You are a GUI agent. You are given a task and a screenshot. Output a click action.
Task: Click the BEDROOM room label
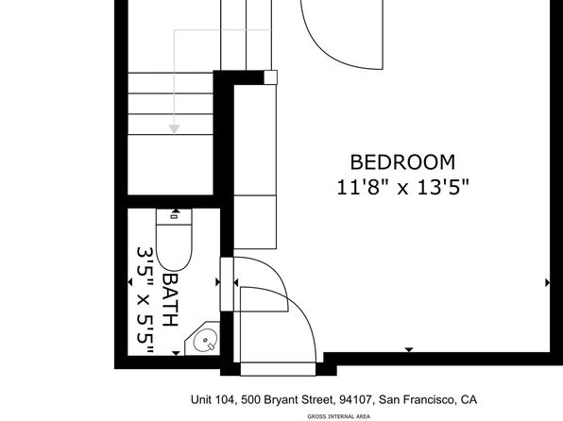pos(402,162)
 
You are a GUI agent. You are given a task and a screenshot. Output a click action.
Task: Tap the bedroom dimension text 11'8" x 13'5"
pos(402,187)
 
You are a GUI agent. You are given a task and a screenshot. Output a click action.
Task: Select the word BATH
pos(170,300)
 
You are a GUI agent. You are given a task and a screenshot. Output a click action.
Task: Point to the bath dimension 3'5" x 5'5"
pos(145,300)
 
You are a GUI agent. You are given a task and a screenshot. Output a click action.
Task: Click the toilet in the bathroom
pos(174,240)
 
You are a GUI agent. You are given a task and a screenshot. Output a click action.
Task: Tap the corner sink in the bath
pos(202,339)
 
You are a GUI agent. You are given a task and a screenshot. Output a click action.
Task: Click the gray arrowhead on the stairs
pos(174,128)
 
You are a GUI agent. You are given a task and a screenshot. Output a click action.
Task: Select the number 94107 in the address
pos(355,399)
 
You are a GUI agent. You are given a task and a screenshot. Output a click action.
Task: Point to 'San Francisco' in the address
pos(415,399)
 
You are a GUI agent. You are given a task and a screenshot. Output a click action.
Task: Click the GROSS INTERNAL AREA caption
pos(338,416)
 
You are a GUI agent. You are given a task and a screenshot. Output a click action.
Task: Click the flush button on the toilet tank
pos(174,216)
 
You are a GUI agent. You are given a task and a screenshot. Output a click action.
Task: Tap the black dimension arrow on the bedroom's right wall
pos(548,283)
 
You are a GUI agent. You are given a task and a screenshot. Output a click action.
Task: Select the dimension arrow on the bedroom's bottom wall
pos(409,350)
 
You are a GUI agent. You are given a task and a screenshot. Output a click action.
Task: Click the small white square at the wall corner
pos(271,77)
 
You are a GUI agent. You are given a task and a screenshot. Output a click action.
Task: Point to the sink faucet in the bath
pos(211,346)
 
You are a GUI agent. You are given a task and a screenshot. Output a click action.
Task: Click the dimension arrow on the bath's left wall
pos(130,282)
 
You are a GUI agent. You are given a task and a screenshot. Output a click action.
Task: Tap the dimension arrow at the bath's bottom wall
pos(176,354)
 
